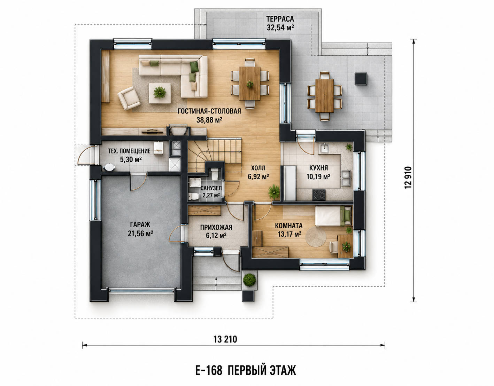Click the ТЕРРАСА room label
pos(280,19)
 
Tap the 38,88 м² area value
pos(209,120)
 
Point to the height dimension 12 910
pos(408,177)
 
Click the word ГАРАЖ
pos(140,224)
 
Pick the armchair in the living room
pos(129,99)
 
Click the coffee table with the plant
pos(160,93)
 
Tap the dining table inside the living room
pos(250,83)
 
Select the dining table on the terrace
pos(324,96)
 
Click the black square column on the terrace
pos(361,79)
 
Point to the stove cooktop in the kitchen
pos(319,195)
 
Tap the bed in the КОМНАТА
pos(333,216)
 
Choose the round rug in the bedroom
pos(316,237)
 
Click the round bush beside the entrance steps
pos(249,280)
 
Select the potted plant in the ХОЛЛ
pos(274,192)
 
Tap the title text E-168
pos(208,371)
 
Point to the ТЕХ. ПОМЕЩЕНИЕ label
pos(129,151)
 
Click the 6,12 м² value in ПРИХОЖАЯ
pos(216,235)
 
